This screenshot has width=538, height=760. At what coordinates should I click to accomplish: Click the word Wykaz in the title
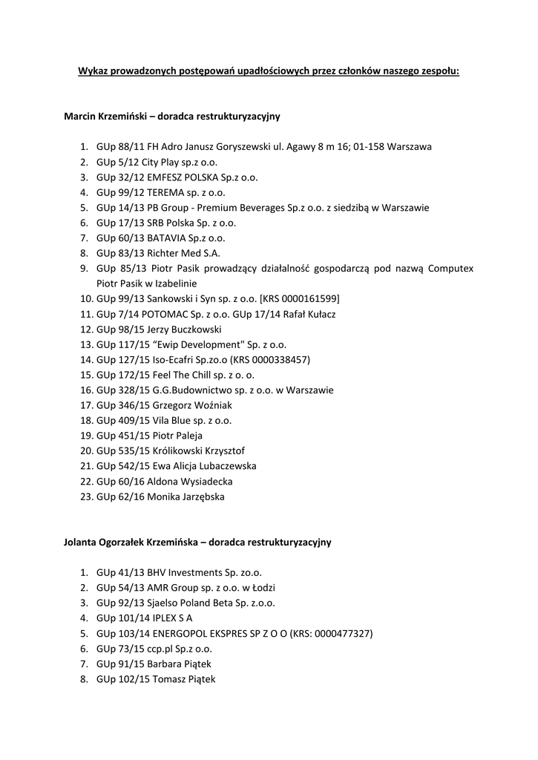pyautogui.click(x=92, y=71)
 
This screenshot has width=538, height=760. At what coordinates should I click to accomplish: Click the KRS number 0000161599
pyautogui.click(x=309, y=298)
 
